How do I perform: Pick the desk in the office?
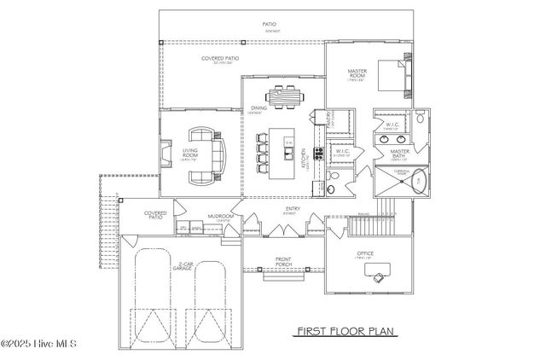(x=376, y=272)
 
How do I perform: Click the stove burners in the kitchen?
(x=319, y=155)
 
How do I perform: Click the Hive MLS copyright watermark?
(x=39, y=344)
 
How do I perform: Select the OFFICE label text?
(x=366, y=253)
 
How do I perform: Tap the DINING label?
(x=258, y=108)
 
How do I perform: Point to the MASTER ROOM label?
(x=357, y=75)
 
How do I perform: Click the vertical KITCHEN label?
(x=305, y=157)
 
